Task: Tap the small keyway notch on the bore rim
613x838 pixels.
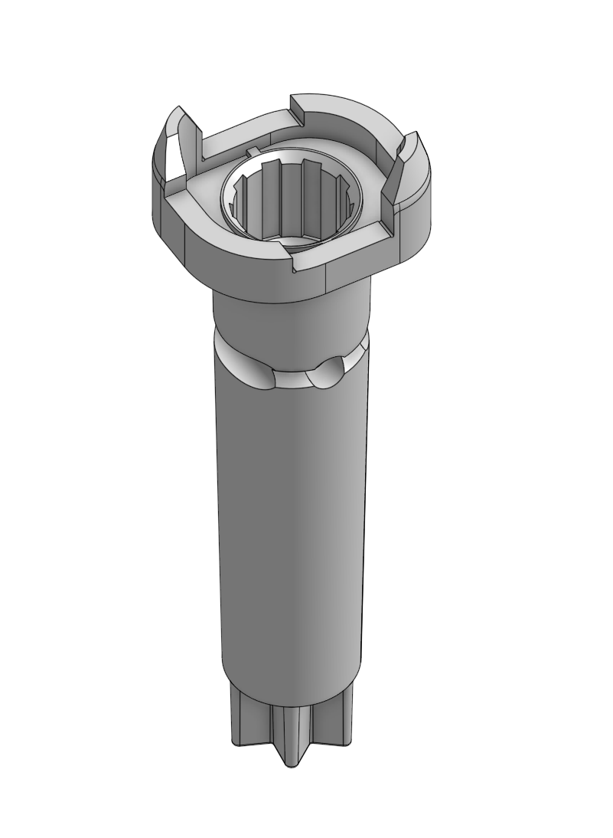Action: coord(252,147)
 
